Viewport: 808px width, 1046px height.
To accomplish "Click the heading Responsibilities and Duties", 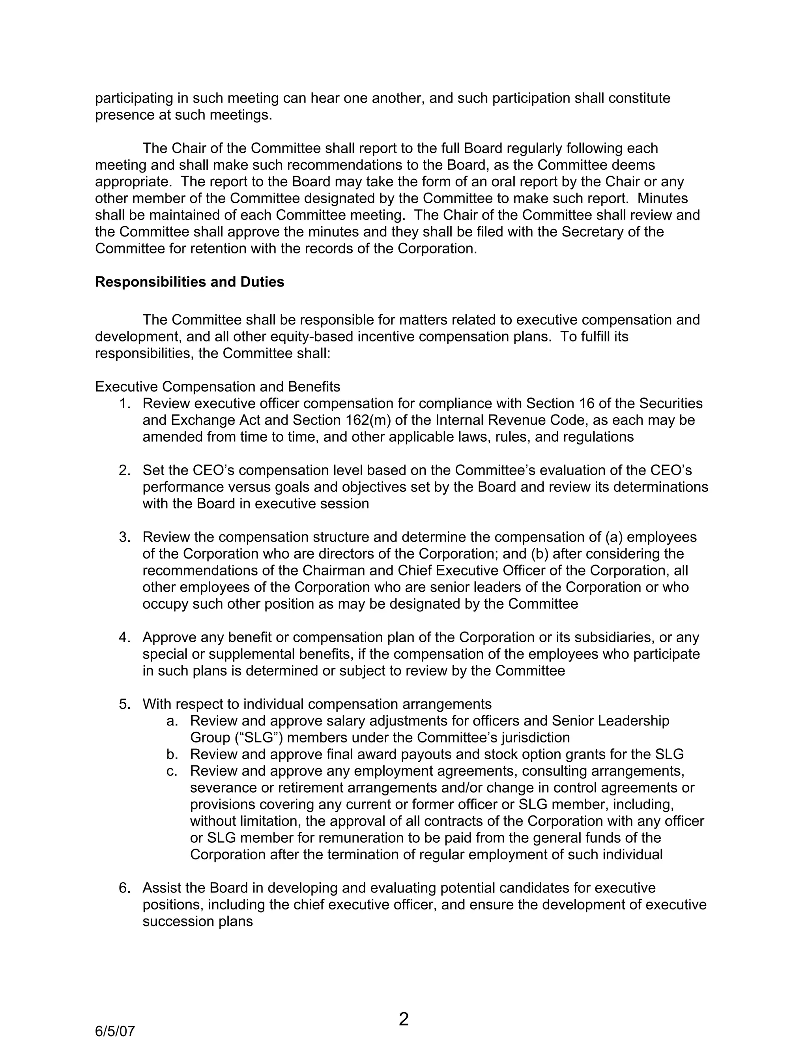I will point(189,282).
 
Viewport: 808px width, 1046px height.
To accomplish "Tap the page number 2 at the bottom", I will point(404,1019).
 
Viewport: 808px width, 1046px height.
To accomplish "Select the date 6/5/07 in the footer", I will point(115,1031).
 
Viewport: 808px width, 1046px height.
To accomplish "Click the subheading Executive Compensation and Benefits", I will point(217,386).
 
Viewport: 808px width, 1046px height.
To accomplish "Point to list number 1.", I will point(124,404).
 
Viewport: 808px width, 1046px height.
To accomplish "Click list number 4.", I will point(124,637).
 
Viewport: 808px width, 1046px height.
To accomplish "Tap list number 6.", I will point(124,888).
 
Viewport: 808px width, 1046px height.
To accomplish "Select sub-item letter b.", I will point(172,754).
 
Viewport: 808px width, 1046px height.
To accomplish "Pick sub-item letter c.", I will point(172,771).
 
